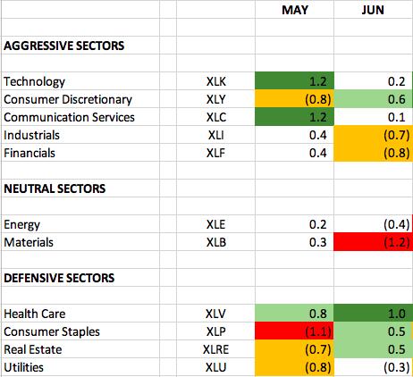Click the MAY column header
(x=295, y=10)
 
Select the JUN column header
(x=373, y=10)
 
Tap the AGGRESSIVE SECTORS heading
(x=64, y=46)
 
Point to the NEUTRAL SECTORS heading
(x=55, y=188)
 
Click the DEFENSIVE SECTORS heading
(x=59, y=278)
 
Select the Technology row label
(x=34, y=81)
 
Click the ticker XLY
(x=216, y=99)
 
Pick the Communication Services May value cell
(x=294, y=117)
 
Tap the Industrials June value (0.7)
(x=396, y=135)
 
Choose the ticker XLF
(x=215, y=153)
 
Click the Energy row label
(x=21, y=225)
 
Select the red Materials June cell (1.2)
(x=373, y=242)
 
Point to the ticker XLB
(x=216, y=242)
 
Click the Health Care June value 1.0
(x=396, y=314)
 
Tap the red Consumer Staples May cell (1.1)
(x=294, y=331)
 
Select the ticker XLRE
(x=215, y=349)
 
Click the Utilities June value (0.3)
(x=396, y=367)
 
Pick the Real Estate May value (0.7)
(x=318, y=349)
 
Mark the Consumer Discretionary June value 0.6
(x=396, y=99)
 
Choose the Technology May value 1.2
(x=318, y=81)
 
